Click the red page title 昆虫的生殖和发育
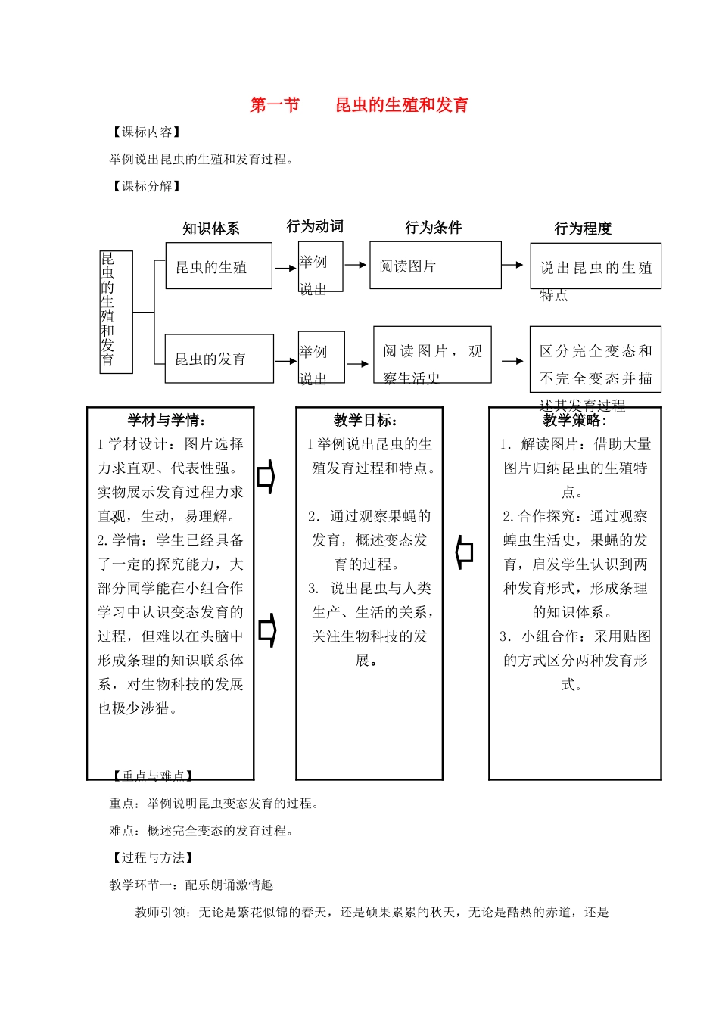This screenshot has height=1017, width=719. (402, 105)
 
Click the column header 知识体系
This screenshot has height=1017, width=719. (211, 229)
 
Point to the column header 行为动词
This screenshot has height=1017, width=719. (315, 226)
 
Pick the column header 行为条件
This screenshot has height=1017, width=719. (433, 228)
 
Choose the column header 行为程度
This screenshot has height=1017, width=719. (583, 229)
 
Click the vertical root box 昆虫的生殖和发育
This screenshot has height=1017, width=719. (116, 312)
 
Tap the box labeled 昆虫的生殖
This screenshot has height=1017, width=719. (219, 266)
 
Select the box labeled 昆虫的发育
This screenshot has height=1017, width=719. (219, 359)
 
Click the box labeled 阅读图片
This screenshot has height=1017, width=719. (435, 266)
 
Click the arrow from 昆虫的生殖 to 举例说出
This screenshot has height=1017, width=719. (285, 268)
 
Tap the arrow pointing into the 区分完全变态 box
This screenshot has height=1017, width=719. (512, 362)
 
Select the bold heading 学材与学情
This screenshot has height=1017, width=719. (167, 421)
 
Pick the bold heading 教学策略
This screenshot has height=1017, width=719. (574, 421)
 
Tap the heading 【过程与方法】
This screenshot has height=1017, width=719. (153, 857)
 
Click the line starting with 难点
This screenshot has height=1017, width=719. (201, 830)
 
